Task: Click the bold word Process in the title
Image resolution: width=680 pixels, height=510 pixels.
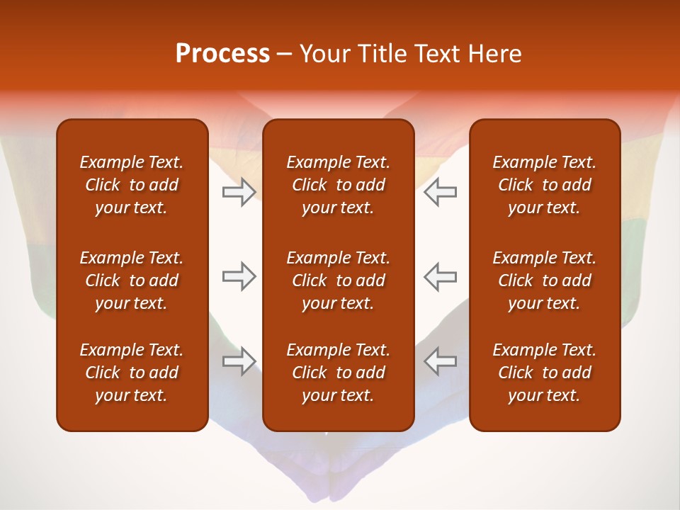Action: (x=222, y=54)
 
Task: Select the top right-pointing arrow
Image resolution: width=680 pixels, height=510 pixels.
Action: (x=239, y=192)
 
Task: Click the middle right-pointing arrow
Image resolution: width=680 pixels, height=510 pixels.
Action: (x=239, y=276)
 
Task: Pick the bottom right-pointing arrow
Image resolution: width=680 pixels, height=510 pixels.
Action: (x=239, y=361)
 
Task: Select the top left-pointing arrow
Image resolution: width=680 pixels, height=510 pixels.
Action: (x=440, y=192)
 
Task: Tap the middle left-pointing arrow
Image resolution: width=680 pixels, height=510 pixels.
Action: (x=440, y=276)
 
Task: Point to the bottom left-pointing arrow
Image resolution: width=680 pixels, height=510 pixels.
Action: (x=440, y=361)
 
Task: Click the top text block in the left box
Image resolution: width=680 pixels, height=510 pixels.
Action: (x=132, y=185)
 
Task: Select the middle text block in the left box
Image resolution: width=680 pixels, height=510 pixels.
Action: (x=132, y=280)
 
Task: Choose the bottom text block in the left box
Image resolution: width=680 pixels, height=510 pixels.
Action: (x=132, y=373)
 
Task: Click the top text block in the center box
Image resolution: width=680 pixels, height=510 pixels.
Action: (x=339, y=185)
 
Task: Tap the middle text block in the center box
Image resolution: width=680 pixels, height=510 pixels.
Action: (x=339, y=280)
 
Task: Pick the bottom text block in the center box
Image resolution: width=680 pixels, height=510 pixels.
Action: (x=339, y=373)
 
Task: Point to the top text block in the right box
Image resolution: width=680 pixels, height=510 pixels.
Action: (x=545, y=185)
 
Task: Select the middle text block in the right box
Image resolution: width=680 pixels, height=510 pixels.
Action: (x=545, y=280)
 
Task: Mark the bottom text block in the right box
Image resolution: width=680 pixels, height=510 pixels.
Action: (x=545, y=373)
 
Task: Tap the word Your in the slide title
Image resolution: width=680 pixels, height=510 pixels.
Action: (x=324, y=54)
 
